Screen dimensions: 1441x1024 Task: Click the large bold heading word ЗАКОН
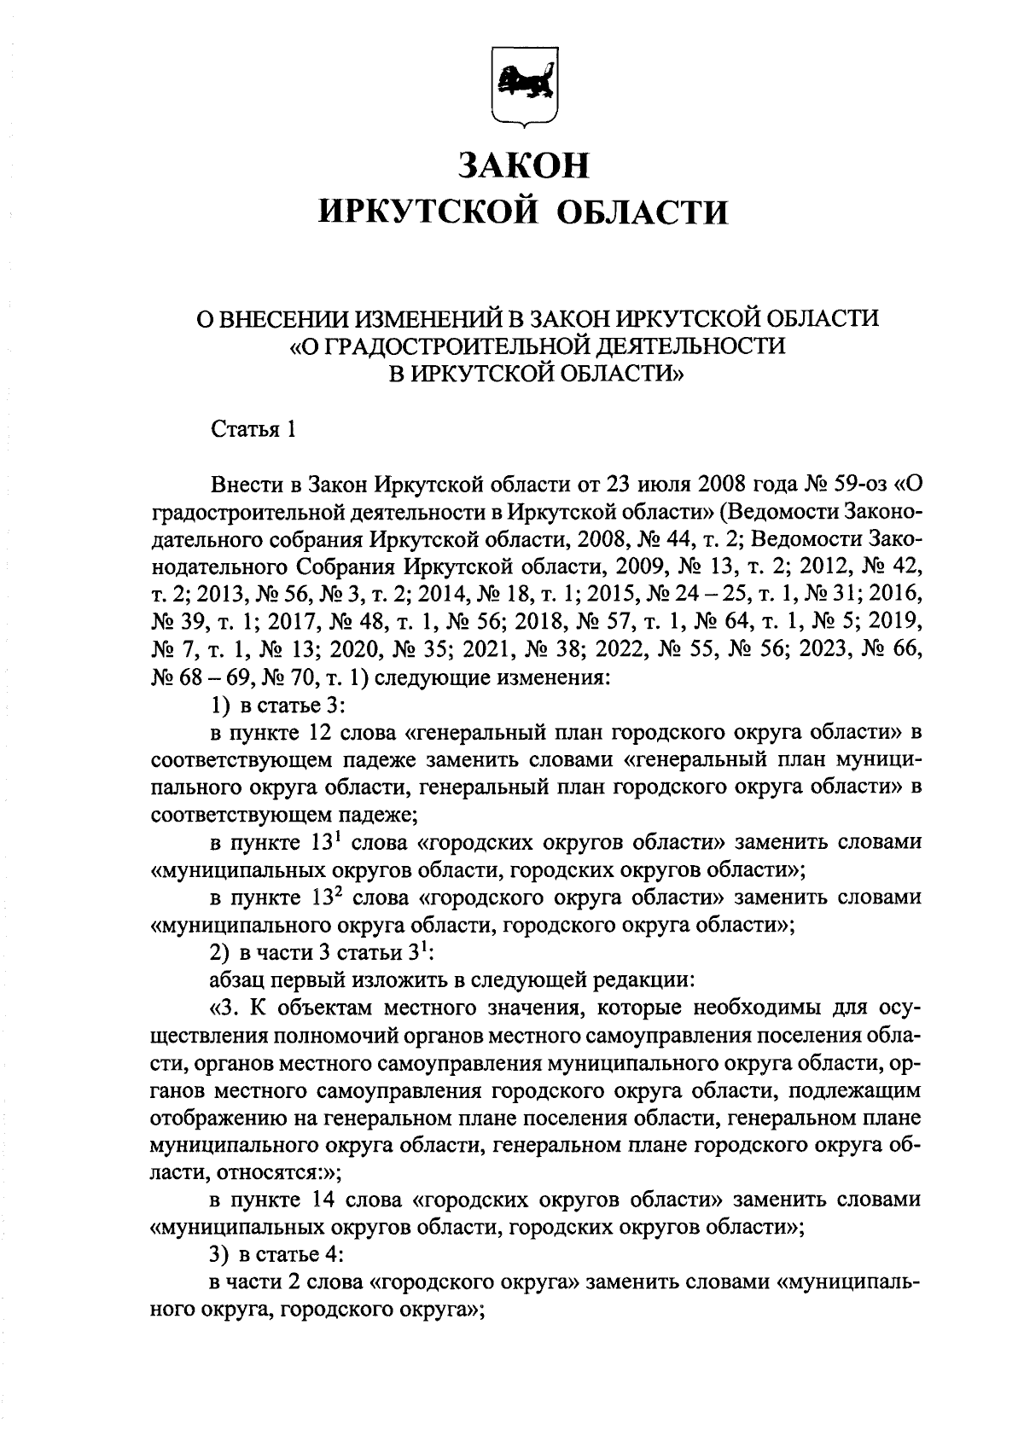pos(523,165)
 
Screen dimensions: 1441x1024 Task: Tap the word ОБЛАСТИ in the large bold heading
pos(643,211)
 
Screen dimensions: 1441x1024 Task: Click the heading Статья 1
pos(253,429)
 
